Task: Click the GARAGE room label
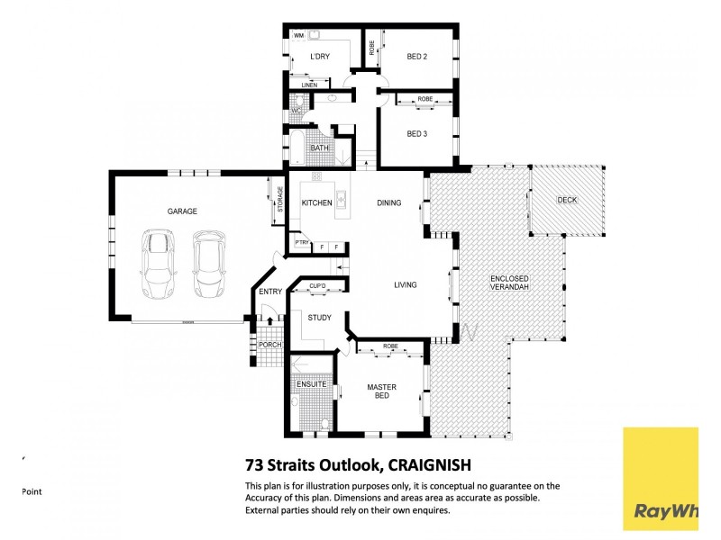(181, 211)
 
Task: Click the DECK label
(567, 200)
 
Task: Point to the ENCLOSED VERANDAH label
(509, 283)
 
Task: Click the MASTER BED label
(381, 392)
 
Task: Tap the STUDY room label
(319, 318)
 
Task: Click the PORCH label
(269, 345)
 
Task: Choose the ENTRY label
(269, 292)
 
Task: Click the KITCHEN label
(316, 203)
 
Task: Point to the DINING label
(389, 203)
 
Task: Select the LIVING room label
(406, 285)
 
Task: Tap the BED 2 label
(416, 57)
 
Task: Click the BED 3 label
(416, 134)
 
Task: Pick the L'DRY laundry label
(319, 57)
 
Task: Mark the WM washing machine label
(297, 35)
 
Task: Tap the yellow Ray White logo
(660, 478)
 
